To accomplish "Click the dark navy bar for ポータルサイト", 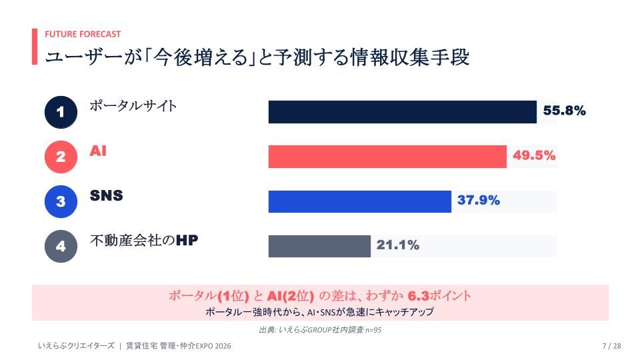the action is click(403, 112).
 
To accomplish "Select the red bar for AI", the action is click(387, 156).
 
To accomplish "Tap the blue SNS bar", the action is click(360, 201).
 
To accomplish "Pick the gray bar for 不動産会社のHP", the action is click(319, 246).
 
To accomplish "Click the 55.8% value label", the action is click(565, 111).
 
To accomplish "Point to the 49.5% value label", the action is click(534, 155).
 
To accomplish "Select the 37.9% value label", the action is click(479, 200).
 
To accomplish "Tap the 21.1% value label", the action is click(398, 245).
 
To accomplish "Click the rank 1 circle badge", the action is click(61, 112).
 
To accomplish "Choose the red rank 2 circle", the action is click(61, 157).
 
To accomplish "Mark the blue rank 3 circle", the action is click(61, 201).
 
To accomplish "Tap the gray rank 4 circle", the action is click(61, 246).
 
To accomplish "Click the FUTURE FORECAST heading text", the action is click(83, 34).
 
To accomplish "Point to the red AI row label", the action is click(98, 151).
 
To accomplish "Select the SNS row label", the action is click(107, 195).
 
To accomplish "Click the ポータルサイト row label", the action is click(133, 106).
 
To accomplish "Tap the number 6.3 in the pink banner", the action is click(419, 295).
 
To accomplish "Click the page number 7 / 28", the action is click(611, 346).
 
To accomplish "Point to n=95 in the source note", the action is click(373, 330).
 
